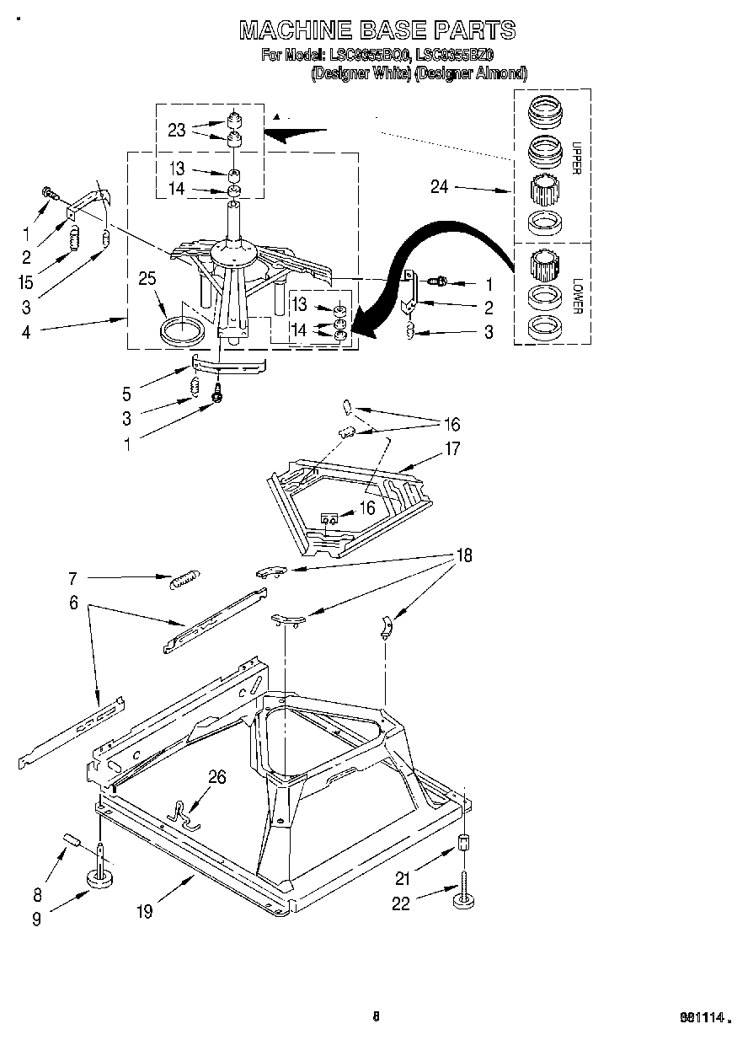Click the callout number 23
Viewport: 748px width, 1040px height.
click(x=176, y=130)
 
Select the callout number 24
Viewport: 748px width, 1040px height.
click(x=439, y=187)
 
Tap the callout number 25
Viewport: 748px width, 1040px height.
click(x=148, y=278)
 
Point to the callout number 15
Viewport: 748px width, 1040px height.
click(x=26, y=282)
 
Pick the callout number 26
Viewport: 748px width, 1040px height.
click(x=216, y=777)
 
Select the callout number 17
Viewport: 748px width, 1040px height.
click(x=452, y=448)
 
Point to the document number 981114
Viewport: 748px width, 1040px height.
click(x=703, y=1018)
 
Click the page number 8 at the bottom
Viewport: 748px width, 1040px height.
click(x=376, y=1016)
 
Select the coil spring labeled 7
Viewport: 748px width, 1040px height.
click(x=184, y=580)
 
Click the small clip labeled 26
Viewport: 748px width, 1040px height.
click(x=184, y=813)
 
